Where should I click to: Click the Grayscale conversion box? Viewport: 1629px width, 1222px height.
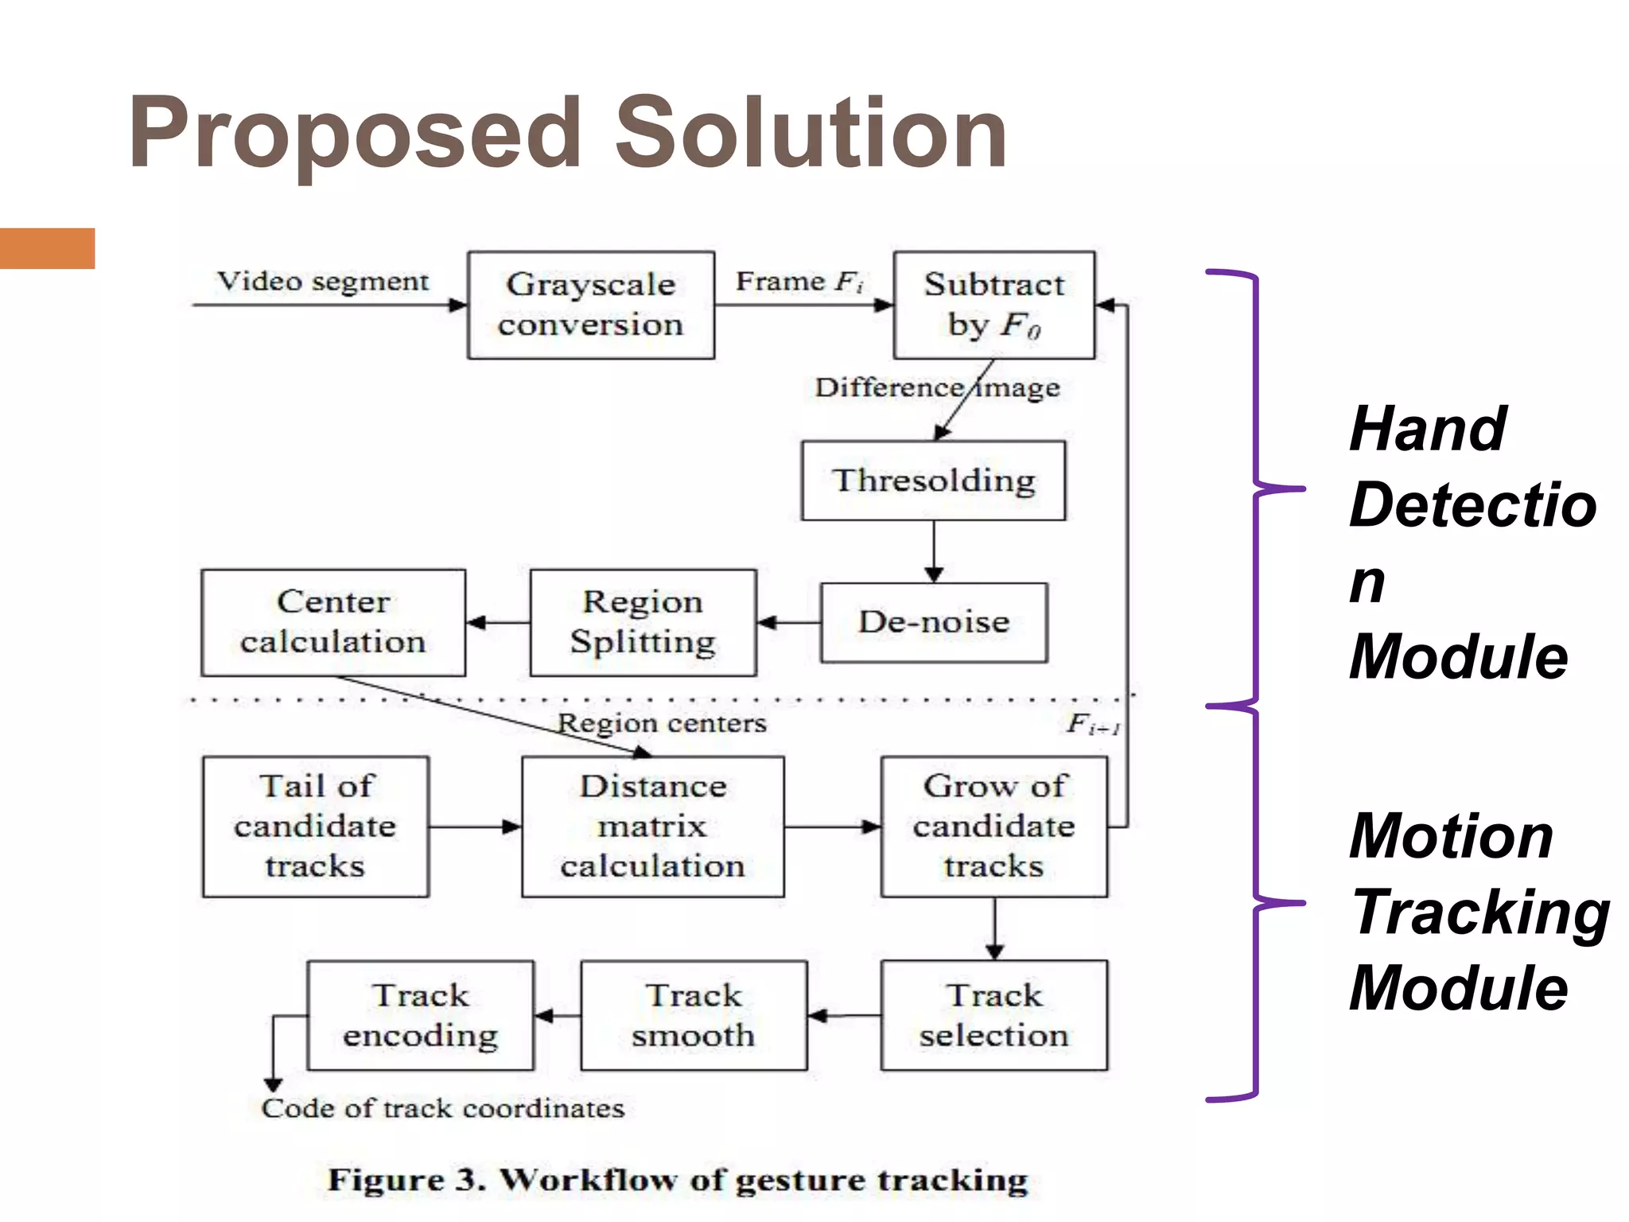click(x=590, y=305)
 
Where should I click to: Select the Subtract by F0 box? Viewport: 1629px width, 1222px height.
click(x=993, y=305)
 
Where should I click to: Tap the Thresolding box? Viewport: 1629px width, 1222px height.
click(x=933, y=481)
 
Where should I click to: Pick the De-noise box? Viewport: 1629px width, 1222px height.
click(x=934, y=622)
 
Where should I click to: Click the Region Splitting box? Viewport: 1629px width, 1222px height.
click(x=643, y=622)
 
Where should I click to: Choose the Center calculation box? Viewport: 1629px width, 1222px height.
click(x=333, y=622)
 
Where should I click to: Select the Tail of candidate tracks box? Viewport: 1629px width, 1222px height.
click(x=316, y=827)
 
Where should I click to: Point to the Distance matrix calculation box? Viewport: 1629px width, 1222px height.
click(x=652, y=827)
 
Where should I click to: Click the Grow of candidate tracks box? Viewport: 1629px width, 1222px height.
click(x=993, y=827)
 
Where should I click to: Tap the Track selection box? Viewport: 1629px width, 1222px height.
click(x=993, y=1015)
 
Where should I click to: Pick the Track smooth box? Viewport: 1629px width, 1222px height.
click(x=694, y=1015)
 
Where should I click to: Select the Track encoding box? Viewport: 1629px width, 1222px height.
click(x=421, y=1015)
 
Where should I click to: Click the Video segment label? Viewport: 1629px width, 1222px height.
click(x=323, y=282)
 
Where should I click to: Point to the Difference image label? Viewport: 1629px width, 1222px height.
click(x=937, y=387)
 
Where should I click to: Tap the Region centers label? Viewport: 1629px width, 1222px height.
click(x=662, y=723)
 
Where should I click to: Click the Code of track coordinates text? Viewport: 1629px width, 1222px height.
click(x=443, y=1108)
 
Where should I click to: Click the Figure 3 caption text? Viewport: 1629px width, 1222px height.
click(x=678, y=1180)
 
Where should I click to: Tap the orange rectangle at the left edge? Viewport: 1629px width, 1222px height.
click(x=47, y=248)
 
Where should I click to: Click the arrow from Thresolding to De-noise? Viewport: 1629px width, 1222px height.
click(x=934, y=551)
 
